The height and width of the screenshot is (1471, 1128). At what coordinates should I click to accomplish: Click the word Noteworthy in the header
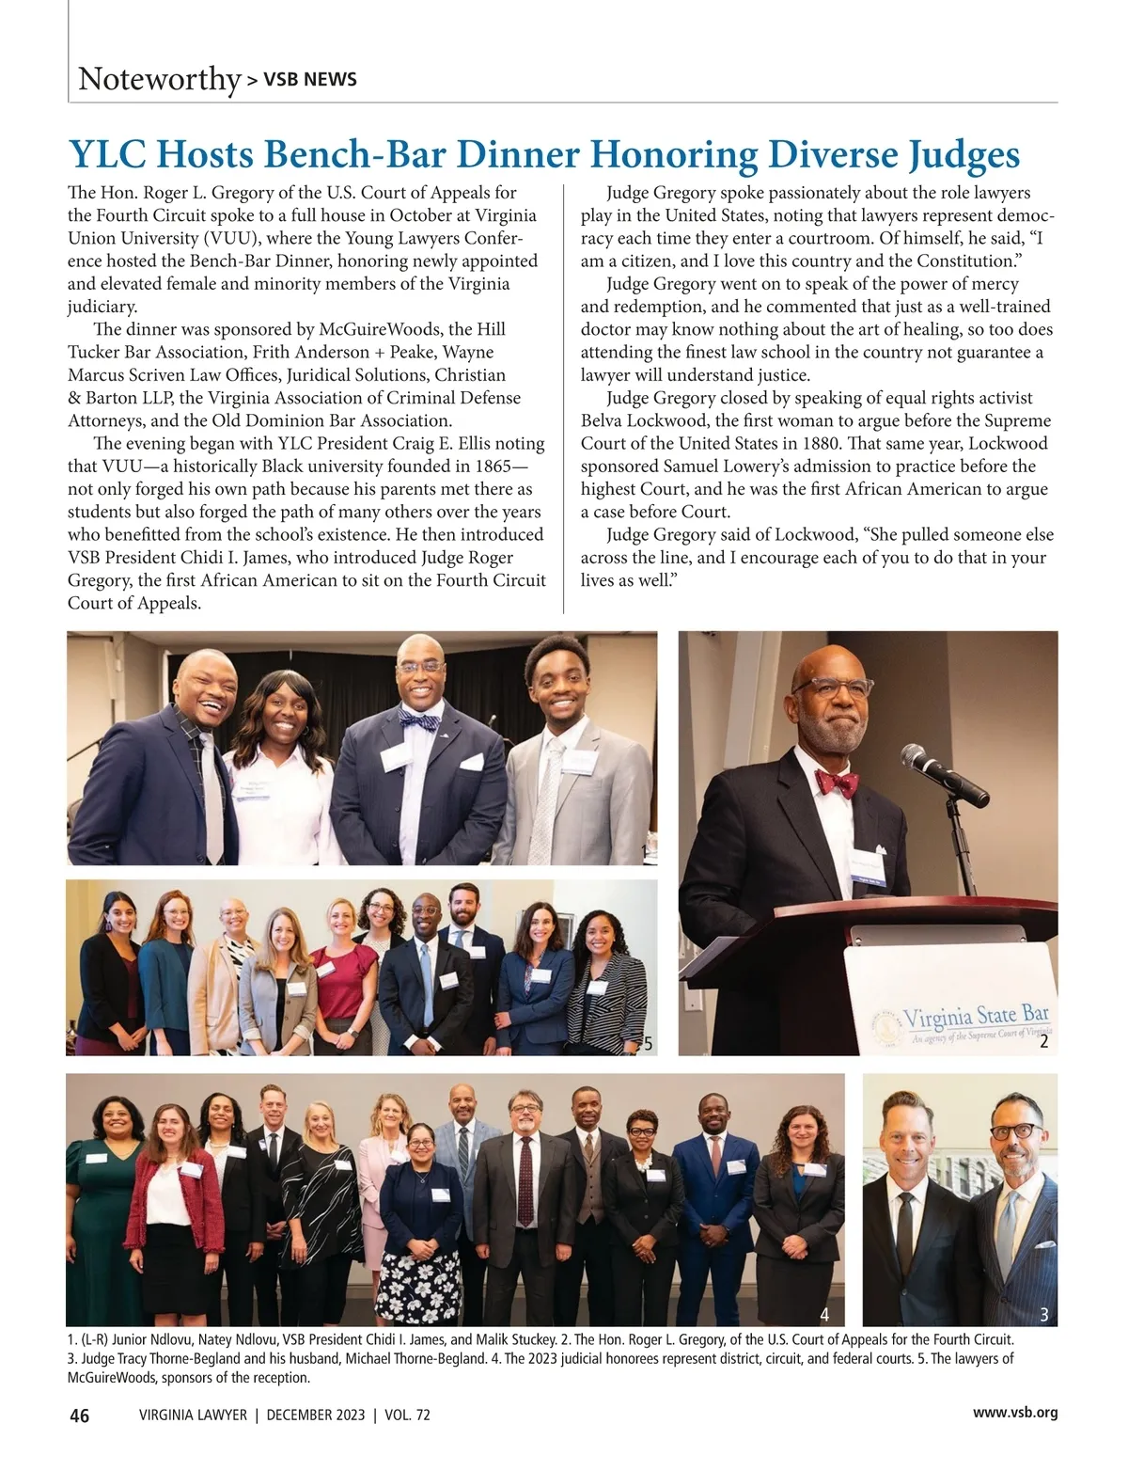tap(159, 78)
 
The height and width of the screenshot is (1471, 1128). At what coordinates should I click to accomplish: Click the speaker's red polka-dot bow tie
tap(837, 783)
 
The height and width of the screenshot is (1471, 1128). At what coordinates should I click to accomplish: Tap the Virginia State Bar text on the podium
tap(976, 1016)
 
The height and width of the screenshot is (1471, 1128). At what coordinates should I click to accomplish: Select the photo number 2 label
tap(1043, 1043)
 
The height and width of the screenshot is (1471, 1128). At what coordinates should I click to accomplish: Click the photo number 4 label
tap(824, 1313)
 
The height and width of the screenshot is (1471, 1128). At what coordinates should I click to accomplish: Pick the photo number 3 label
tap(1043, 1313)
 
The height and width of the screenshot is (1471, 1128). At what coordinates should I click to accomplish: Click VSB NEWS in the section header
tap(309, 80)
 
